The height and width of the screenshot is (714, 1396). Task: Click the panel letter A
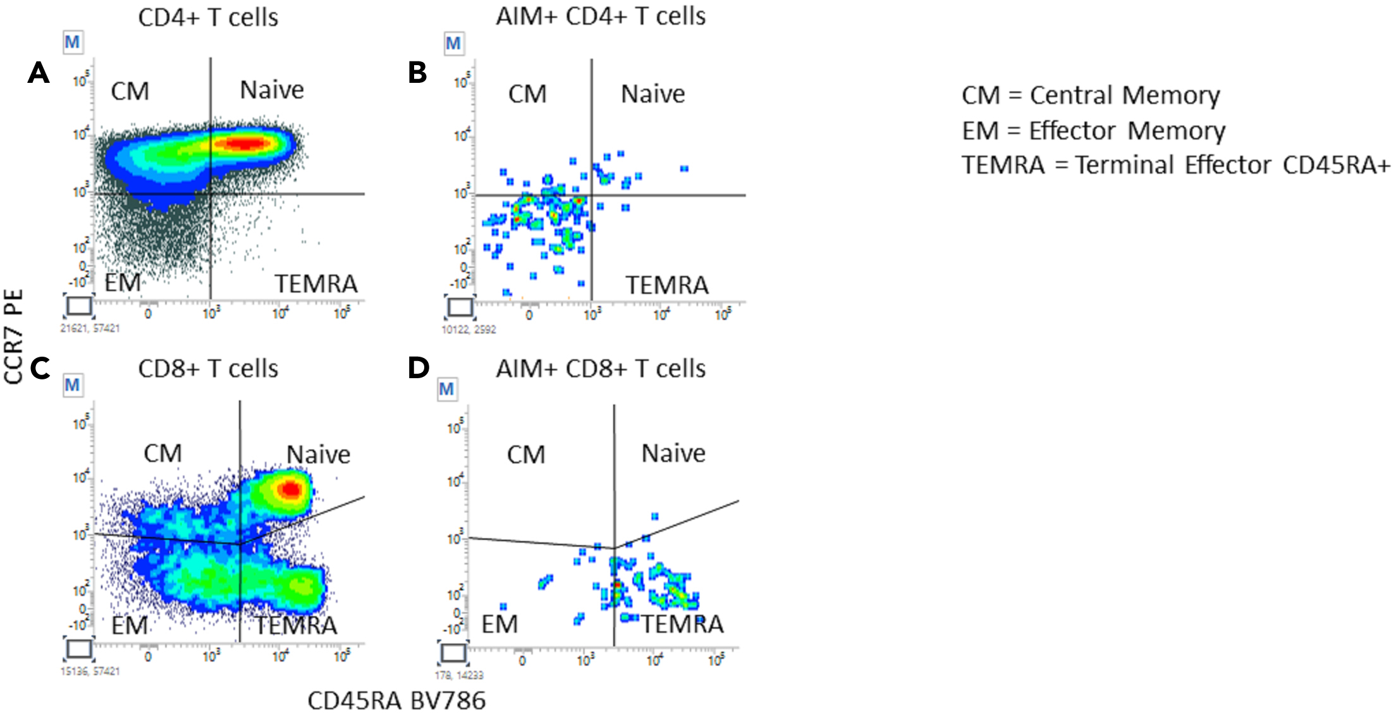pos(39,73)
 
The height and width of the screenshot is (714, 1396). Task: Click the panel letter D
pos(419,368)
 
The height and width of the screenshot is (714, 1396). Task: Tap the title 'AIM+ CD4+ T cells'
pos(600,16)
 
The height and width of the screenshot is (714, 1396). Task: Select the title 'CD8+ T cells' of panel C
pos(208,369)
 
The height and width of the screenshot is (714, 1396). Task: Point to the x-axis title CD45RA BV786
pos(396,701)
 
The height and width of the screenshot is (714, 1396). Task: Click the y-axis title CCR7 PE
pos(14,336)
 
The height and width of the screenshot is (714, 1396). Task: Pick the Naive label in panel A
pos(272,90)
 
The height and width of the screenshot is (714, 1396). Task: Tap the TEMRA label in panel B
pos(667,285)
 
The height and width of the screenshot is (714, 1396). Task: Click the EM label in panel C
pos(129,625)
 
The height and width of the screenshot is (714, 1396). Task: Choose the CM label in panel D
pos(526,455)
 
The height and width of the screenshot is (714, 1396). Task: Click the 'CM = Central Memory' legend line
pos(1091,95)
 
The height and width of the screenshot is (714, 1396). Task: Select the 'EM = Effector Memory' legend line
pos(1093,131)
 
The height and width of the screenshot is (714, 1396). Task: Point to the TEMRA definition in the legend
pos(1175,165)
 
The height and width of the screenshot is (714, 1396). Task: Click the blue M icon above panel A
pos(73,42)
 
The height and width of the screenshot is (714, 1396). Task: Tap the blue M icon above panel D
pos(447,389)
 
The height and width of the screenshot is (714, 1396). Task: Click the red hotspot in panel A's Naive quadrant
pos(243,144)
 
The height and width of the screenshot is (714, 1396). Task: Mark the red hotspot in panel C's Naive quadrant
pos(291,489)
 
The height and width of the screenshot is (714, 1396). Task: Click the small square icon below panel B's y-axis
pos(460,307)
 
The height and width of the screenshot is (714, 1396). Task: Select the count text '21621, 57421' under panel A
pos(90,328)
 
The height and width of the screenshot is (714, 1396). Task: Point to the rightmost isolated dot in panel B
pos(684,169)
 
